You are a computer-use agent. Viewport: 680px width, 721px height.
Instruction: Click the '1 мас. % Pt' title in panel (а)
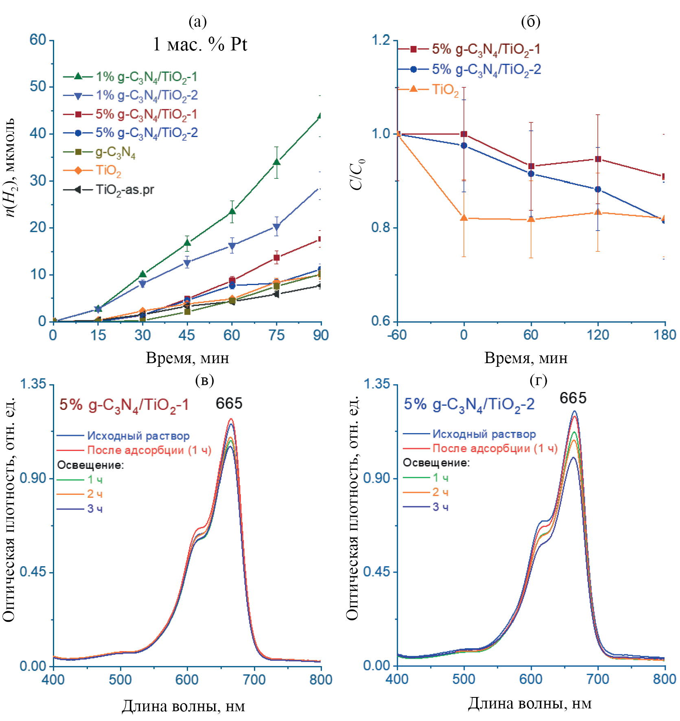(200, 44)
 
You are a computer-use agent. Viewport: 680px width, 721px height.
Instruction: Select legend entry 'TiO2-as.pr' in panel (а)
(125, 190)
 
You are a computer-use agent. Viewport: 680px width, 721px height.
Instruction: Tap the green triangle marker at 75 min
(277, 162)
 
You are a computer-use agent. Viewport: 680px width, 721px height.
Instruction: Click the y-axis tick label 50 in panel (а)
(38, 87)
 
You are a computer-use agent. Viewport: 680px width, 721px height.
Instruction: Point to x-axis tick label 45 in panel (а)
(187, 335)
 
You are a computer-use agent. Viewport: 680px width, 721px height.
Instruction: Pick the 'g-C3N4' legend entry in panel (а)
(115, 152)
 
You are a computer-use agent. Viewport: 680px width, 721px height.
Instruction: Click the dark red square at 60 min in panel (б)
(531, 166)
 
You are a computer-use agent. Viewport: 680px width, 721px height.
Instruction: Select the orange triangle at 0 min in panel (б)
(464, 218)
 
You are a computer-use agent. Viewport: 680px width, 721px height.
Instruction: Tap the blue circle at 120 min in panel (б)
(598, 190)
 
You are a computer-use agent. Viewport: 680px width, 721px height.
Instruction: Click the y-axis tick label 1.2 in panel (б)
(380, 40)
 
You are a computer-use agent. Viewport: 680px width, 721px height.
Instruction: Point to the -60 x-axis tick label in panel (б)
(397, 335)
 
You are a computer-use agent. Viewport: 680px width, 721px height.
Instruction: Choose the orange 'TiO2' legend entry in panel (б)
(445, 89)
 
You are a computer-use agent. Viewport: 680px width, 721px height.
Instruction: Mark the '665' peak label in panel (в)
(229, 403)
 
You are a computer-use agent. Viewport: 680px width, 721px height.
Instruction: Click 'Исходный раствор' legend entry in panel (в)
(138, 436)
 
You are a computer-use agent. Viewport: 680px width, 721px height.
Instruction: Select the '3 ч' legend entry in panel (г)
(440, 507)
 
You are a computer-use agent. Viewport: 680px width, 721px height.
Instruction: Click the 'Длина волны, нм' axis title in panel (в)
(184, 706)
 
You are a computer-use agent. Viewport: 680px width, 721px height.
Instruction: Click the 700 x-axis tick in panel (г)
(598, 679)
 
